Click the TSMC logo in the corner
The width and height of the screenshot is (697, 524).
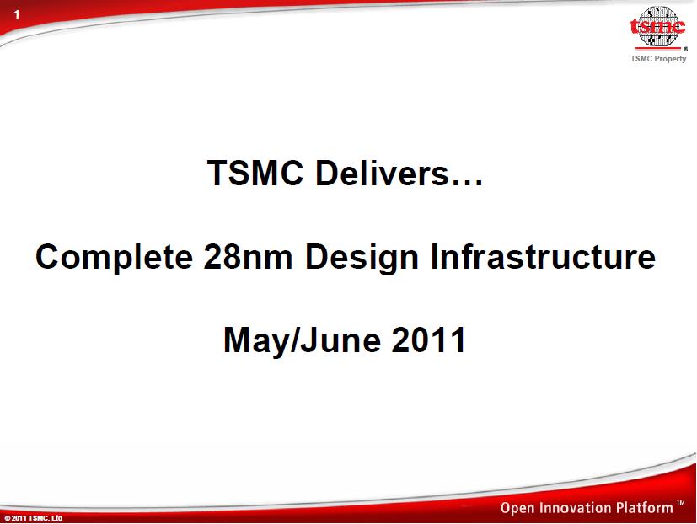click(x=658, y=27)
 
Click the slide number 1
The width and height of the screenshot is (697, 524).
click(x=17, y=14)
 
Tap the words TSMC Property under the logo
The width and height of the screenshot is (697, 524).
click(x=658, y=59)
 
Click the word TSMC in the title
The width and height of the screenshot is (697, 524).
click(x=255, y=173)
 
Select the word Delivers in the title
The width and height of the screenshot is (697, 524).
click(x=383, y=173)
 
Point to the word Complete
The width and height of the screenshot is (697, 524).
click(x=115, y=258)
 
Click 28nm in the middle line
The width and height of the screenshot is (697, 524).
click(x=248, y=257)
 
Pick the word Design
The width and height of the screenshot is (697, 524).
click(x=362, y=258)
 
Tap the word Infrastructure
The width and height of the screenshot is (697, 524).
click(x=543, y=257)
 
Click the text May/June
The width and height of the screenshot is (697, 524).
click(x=303, y=341)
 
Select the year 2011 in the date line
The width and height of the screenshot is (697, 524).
click(x=428, y=340)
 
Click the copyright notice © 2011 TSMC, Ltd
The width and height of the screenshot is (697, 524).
click(x=34, y=518)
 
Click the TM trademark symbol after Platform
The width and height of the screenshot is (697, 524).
click(x=680, y=503)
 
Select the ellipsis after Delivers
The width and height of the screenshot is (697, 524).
click(x=467, y=182)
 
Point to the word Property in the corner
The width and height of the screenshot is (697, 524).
click(x=670, y=59)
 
